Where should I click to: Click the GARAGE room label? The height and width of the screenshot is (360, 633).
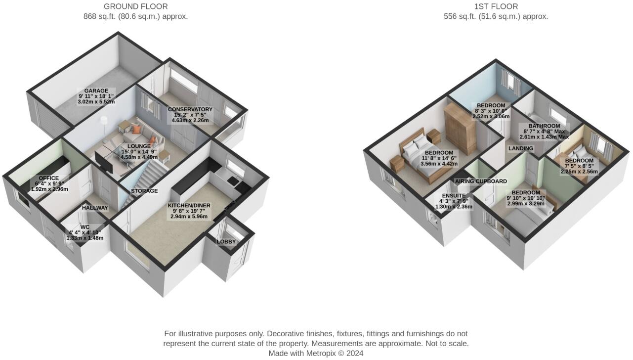coord(96,91)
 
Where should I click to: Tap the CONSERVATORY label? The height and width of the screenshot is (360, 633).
coord(190,109)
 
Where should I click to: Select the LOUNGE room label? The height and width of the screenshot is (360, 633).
coord(139,146)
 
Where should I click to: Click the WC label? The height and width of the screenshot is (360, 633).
coord(84,227)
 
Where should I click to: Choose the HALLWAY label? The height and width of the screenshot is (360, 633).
coord(95,208)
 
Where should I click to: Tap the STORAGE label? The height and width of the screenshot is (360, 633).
coord(144,191)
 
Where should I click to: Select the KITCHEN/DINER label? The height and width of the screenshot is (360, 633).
coord(189,205)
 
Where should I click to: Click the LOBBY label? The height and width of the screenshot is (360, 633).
coord(226,242)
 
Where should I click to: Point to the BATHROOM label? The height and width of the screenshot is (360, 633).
coord(544,126)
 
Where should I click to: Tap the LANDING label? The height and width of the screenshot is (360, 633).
coord(521,148)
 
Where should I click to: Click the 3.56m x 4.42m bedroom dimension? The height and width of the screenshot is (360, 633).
coord(439,163)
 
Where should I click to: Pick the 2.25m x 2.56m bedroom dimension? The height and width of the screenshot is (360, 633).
coord(579,172)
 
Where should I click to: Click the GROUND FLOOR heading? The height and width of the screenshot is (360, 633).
coord(135,6)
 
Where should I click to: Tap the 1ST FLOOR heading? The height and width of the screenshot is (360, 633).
coord(496,6)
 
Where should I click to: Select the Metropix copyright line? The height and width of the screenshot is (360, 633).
coord(316,353)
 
